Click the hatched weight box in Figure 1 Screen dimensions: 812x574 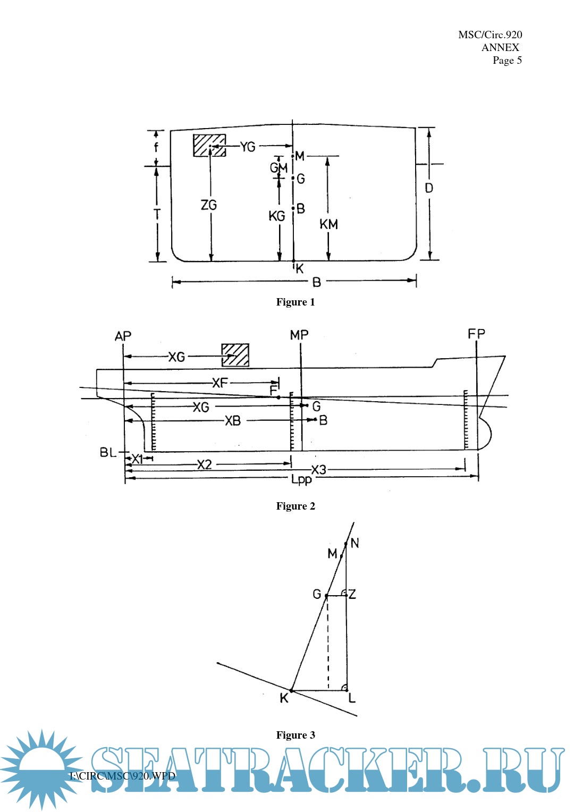click(x=209, y=145)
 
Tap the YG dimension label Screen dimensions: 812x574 click(x=248, y=147)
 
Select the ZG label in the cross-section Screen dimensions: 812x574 click(x=209, y=205)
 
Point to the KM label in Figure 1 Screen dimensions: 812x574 click(x=328, y=224)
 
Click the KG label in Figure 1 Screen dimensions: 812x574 click(x=276, y=216)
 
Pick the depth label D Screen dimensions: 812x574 click(x=429, y=188)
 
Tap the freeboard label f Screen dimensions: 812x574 click(x=156, y=147)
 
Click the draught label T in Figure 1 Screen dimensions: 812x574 click(x=157, y=214)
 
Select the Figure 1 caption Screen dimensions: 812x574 click(x=296, y=302)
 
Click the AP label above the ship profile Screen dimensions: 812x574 click(x=123, y=336)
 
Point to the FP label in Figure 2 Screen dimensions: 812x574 click(x=476, y=334)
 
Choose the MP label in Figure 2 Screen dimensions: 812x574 click(x=299, y=335)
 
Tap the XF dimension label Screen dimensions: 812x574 click(x=220, y=383)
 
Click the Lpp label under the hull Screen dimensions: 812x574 click(x=301, y=479)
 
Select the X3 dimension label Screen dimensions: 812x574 click(x=319, y=470)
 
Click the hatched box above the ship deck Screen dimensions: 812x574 click(x=235, y=355)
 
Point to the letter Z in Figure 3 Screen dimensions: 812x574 click(x=352, y=594)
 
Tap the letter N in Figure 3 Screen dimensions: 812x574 click(x=355, y=543)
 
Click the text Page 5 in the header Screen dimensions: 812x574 click(x=507, y=60)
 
